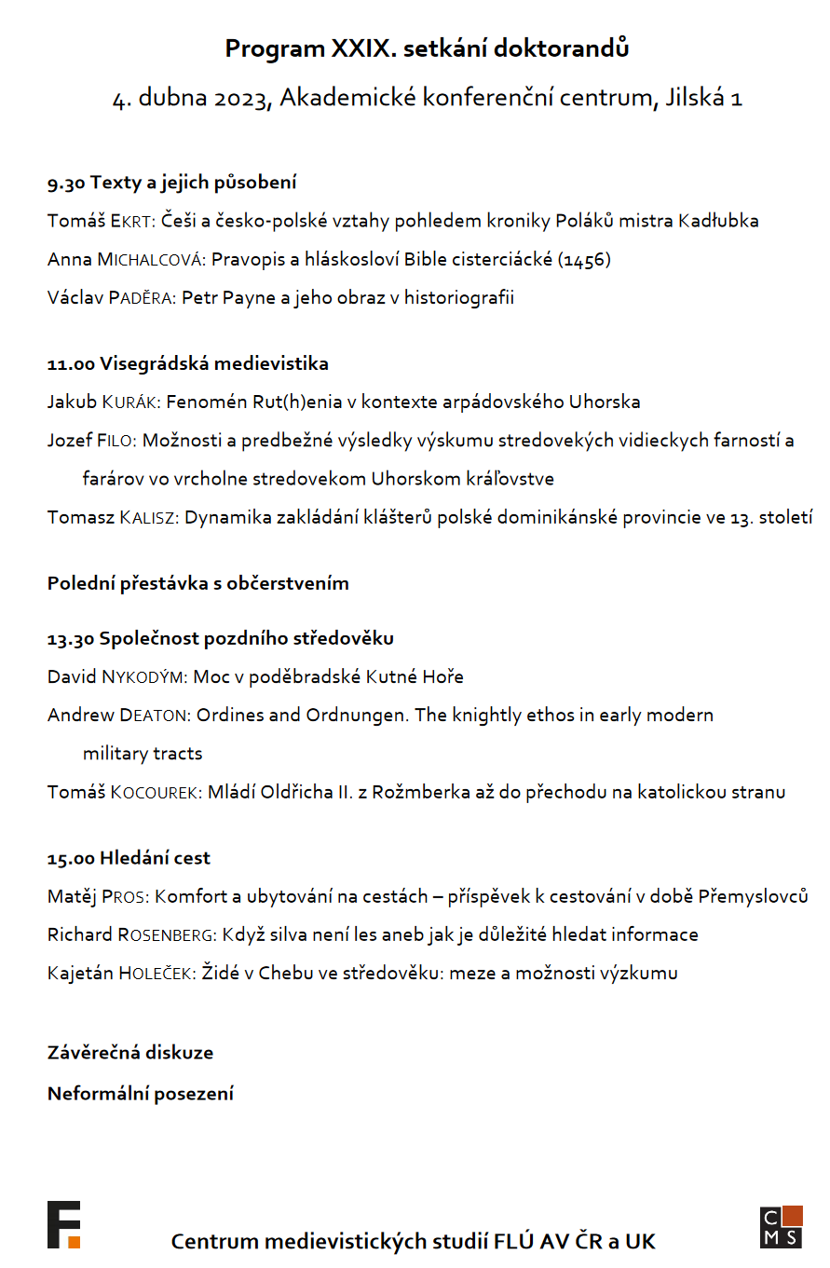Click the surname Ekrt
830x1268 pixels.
133,221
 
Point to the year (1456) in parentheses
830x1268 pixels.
584,259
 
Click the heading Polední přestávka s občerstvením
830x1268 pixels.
198,583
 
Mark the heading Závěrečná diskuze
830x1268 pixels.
130,1052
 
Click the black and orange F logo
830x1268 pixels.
63,1224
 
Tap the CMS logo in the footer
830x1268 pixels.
781,1226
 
